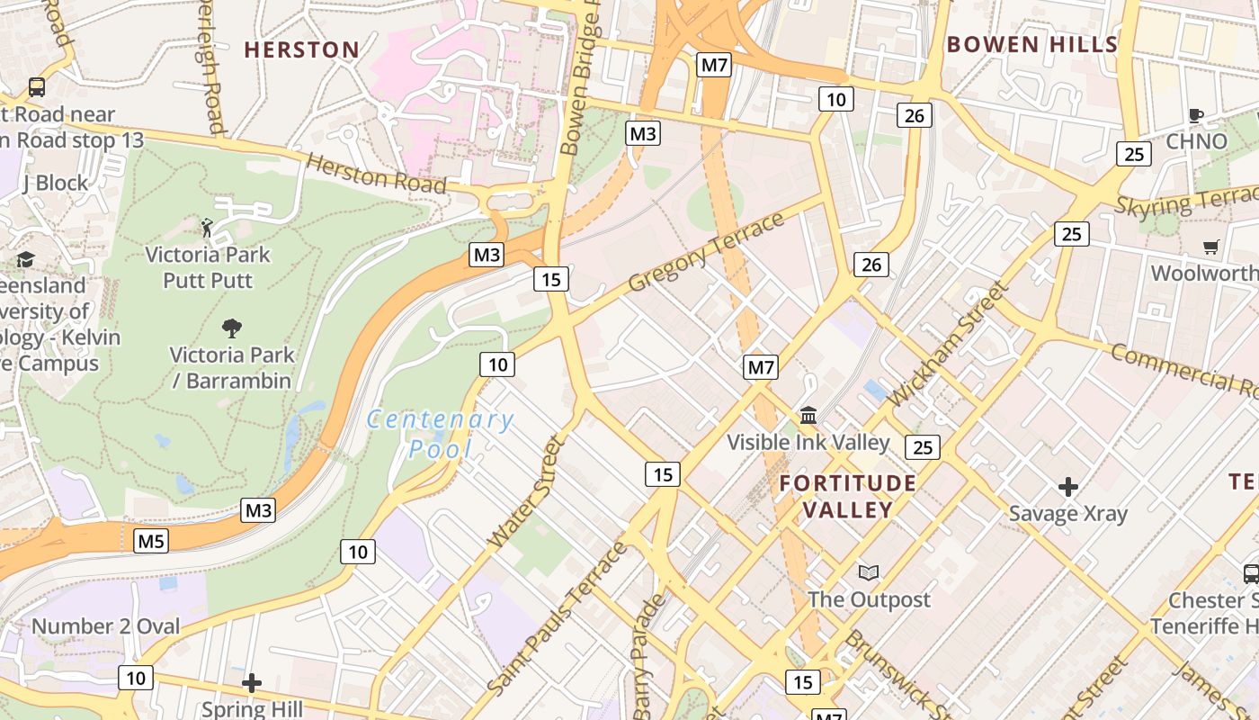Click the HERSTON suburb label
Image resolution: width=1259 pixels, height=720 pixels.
pos(302,49)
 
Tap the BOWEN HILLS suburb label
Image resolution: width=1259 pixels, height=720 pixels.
pos(1031,44)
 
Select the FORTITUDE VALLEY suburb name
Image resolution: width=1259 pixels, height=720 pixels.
pos(847,496)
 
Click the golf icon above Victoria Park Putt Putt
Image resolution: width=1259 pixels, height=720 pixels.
pos(208,228)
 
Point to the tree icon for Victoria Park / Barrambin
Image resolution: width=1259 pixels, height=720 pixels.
pos(232,328)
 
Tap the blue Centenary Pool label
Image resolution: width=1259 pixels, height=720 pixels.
pos(441,433)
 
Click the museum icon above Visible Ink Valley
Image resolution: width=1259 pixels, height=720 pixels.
pos(808,416)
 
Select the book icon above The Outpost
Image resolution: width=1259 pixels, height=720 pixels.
pos(868,572)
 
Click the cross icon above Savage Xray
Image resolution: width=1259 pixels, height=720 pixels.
pos(1067,487)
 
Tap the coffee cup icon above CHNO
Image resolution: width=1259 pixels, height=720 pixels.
pos(1195,115)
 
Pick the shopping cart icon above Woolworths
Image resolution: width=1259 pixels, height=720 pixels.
pos(1210,247)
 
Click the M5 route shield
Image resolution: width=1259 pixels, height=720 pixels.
pos(151,541)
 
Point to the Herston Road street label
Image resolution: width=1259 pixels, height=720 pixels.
pos(377,173)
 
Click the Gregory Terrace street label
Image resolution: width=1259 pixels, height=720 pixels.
pos(706,252)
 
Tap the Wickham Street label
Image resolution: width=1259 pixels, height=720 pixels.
pos(946,345)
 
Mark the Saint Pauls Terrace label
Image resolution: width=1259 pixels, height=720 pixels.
pos(557,618)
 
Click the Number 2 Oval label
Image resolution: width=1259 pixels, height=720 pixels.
pos(106,625)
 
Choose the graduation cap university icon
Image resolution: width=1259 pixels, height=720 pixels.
pos(25,260)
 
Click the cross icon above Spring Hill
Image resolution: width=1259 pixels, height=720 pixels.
pos(252,683)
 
